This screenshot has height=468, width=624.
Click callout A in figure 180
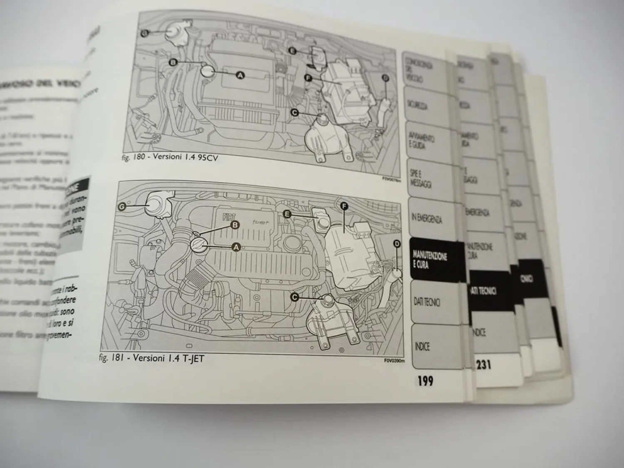click(x=240, y=75)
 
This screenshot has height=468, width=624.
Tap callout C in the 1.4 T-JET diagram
click(x=295, y=297)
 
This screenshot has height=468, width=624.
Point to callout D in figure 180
click(x=385, y=78)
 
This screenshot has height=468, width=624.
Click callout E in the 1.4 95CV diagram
click(x=292, y=51)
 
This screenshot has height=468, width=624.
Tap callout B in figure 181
click(x=235, y=225)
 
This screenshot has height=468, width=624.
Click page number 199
click(x=425, y=380)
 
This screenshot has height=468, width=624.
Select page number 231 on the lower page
click(x=483, y=365)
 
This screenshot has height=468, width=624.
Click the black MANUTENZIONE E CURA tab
click(x=431, y=259)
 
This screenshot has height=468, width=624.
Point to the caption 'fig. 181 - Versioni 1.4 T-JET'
click(x=152, y=358)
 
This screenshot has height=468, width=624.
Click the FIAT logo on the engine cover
click(x=229, y=217)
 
